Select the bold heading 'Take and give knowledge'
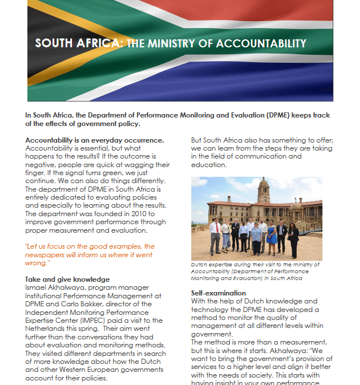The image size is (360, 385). coord(67,279)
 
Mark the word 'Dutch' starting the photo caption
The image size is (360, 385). coord(200,265)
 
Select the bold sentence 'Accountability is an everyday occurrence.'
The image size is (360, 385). coord(95,140)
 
